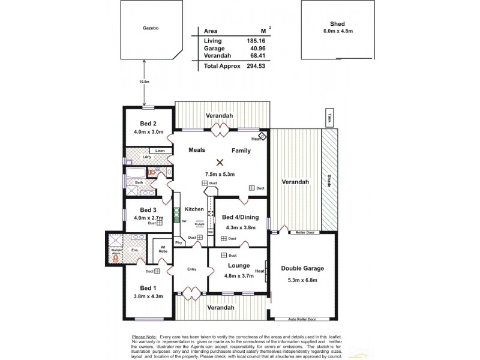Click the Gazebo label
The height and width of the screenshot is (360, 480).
click(x=150, y=28)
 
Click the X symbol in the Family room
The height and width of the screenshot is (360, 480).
click(x=220, y=161)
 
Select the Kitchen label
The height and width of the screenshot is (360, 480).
click(x=194, y=209)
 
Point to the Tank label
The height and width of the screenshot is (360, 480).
click(x=329, y=118)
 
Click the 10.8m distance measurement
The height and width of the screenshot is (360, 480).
click(x=143, y=82)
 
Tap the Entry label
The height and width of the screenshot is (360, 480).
click(x=191, y=269)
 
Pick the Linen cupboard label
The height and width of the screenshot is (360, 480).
click(x=160, y=150)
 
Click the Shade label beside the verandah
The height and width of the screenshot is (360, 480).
click(x=330, y=180)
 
